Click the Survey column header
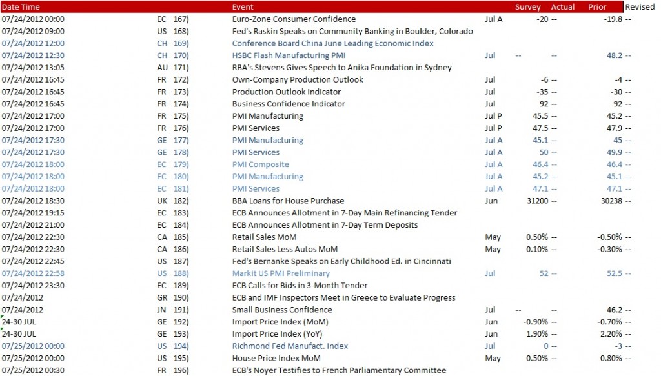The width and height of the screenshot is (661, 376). [527, 7]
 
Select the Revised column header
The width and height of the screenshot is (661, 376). [639, 7]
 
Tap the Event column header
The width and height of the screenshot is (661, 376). [243, 7]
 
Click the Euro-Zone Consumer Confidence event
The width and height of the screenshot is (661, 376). [294, 19]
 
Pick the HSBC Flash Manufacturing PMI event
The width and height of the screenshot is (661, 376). [289, 55]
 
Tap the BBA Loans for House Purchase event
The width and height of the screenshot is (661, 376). [288, 201]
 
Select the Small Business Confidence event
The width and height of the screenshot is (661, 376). [282, 310]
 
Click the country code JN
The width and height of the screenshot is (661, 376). [162, 310]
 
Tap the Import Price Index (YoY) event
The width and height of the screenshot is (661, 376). [277, 334]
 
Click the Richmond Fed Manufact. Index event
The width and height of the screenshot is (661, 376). [290, 346]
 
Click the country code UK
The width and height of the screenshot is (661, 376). [162, 201]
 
